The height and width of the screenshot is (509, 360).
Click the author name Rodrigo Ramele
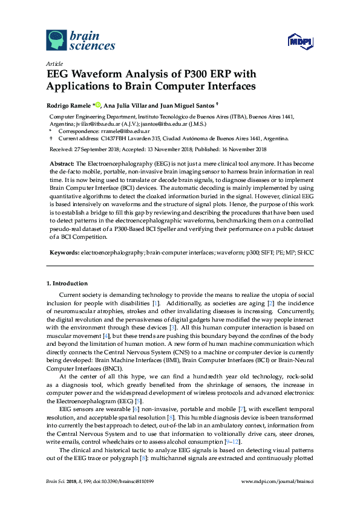click(68, 105)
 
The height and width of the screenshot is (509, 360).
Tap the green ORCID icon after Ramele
click(98, 105)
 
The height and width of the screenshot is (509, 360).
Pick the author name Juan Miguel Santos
click(182, 105)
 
